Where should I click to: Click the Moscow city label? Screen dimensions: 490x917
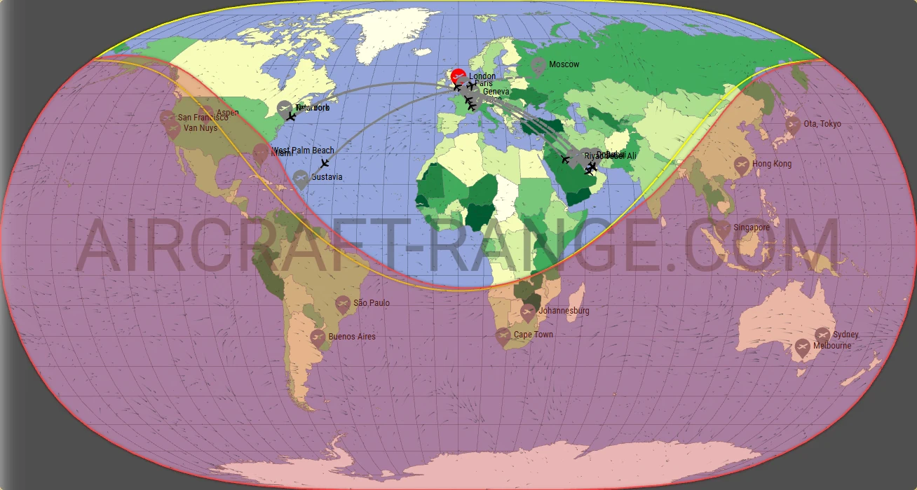(564, 64)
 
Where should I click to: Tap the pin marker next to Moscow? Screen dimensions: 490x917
(538, 66)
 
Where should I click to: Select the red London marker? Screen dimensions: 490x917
(458, 76)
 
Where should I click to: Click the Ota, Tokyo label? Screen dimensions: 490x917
(822, 124)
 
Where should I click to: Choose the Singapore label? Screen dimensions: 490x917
(752, 227)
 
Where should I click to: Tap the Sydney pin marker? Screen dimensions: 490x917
(822, 335)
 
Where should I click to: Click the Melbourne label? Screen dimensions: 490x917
(832, 346)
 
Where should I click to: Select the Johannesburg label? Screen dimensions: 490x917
(564, 311)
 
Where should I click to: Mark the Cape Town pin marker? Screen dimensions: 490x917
(503, 335)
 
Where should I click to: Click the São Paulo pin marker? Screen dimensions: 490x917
(343, 304)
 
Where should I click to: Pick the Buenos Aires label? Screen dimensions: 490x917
(352, 337)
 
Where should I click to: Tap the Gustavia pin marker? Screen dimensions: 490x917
(301, 178)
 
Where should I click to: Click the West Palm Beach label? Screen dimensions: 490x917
(304, 150)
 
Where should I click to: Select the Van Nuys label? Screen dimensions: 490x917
(201, 128)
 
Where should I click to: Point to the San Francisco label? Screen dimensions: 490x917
(203, 118)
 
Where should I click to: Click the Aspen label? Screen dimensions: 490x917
(228, 113)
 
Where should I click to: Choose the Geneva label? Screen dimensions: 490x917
(496, 92)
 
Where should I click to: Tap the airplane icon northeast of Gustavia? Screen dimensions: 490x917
(324, 163)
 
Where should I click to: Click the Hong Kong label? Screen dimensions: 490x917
(772, 164)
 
